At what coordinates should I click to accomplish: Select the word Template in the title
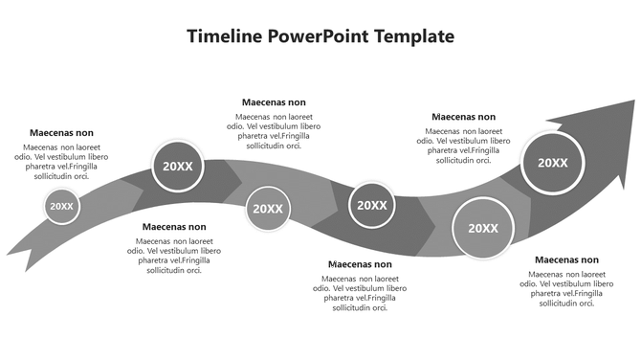(x=414, y=36)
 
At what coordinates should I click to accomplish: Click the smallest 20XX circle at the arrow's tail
(x=61, y=206)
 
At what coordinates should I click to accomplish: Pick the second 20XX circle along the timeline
(x=178, y=166)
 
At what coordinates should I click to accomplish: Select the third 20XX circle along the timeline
(x=267, y=209)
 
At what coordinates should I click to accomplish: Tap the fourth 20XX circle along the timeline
(x=371, y=205)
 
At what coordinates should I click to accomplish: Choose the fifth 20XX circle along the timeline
(x=483, y=228)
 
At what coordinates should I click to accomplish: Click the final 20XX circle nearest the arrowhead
(x=553, y=163)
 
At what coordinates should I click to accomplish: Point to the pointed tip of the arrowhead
(x=633, y=99)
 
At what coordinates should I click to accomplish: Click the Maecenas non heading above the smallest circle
(x=62, y=133)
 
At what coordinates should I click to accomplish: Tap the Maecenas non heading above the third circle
(x=274, y=102)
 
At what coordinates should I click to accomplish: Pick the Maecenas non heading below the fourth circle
(x=360, y=264)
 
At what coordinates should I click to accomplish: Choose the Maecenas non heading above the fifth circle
(x=464, y=117)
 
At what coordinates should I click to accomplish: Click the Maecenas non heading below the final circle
(x=566, y=259)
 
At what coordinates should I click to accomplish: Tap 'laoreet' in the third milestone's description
(x=293, y=117)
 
